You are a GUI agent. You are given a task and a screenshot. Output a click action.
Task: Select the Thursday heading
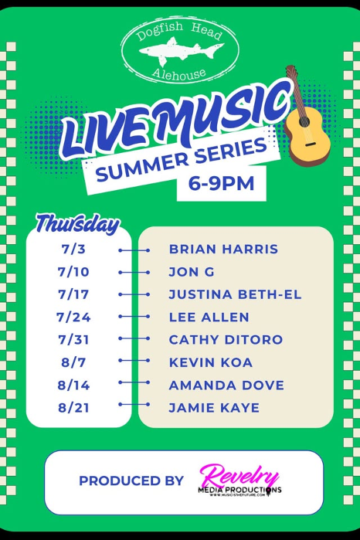point(77,225)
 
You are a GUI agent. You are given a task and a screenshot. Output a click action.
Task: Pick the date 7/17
point(73,294)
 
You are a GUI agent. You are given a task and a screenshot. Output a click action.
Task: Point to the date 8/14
point(73,385)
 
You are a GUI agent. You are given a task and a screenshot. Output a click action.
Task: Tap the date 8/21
point(73,407)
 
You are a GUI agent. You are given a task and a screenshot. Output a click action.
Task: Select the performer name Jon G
point(192,272)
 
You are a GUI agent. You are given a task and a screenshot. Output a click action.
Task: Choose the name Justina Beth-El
point(235,294)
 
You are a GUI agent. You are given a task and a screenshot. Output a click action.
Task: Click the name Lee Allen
point(209,317)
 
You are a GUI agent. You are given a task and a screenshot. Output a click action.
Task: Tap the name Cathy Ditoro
point(226,340)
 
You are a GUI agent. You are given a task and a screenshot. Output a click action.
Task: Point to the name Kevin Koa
point(210,362)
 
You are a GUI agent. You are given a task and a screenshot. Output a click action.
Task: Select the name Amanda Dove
point(226,385)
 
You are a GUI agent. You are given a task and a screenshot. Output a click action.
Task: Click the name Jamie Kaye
point(214,407)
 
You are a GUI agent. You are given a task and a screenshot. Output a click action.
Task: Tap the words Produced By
point(131,481)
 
